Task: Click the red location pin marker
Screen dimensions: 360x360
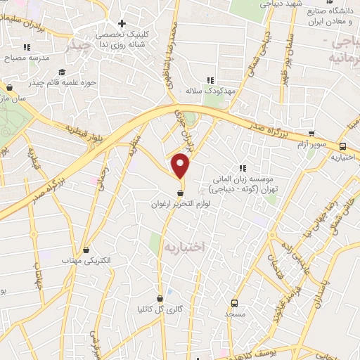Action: click(x=181, y=165)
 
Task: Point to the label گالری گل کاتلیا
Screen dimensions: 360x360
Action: click(x=160, y=309)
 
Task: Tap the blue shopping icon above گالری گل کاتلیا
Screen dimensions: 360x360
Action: click(x=160, y=297)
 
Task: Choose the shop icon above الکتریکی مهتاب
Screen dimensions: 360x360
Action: click(x=86, y=249)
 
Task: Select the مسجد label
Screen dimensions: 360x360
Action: click(x=234, y=314)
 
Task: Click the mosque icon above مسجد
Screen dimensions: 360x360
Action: click(x=234, y=302)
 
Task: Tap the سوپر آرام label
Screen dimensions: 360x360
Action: click(x=311, y=143)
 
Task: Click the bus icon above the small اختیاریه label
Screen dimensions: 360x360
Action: click(x=342, y=146)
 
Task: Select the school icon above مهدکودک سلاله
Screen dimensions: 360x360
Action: click(x=209, y=79)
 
